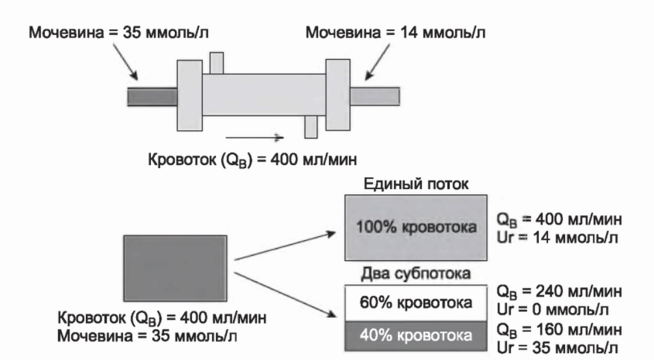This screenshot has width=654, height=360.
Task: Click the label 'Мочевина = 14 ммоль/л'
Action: (x=395, y=34)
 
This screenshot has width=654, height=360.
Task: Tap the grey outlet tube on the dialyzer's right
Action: (x=375, y=96)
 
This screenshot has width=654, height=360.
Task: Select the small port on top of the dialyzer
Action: (x=217, y=63)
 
